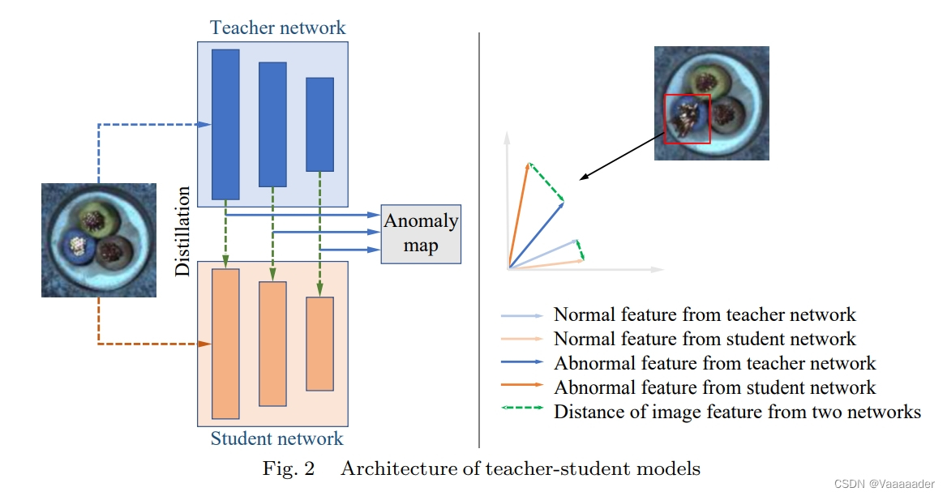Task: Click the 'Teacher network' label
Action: click(x=277, y=28)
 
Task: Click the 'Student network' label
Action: click(x=276, y=439)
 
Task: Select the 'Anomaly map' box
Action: click(x=421, y=233)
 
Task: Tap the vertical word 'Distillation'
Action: click(x=183, y=232)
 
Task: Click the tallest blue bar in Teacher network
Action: click(x=225, y=124)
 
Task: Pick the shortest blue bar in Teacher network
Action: click(x=319, y=124)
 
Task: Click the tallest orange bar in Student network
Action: click(x=225, y=343)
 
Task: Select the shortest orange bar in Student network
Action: click(x=319, y=344)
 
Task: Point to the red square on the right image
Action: click(x=687, y=119)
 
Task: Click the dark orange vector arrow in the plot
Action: click(x=519, y=215)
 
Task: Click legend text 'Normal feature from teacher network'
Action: click(x=704, y=314)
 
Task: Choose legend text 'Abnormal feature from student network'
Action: click(x=714, y=387)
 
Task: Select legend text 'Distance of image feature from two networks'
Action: click(x=737, y=412)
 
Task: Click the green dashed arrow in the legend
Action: click(x=522, y=412)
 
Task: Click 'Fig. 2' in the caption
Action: click(x=288, y=468)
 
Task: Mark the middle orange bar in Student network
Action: click(x=272, y=344)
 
